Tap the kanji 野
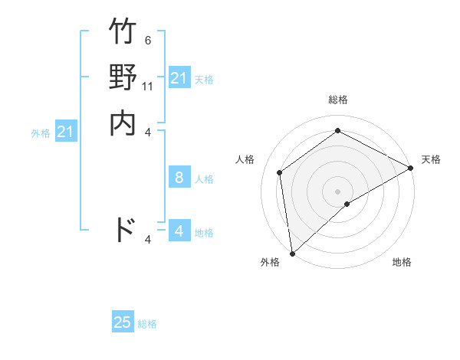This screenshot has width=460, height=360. (x=123, y=78)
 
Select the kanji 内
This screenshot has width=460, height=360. (x=123, y=123)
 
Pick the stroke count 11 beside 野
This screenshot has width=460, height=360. (x=148, y=87)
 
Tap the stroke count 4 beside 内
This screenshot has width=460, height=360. (x=147, y=132)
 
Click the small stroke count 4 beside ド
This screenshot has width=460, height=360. (x=147, y=240)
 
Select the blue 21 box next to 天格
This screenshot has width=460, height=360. (x=179, y=78)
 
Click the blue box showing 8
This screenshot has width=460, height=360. (x=179, y=178)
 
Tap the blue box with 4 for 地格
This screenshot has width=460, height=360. (x=179, y=231)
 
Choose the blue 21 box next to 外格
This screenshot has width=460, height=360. (x=66, y=133)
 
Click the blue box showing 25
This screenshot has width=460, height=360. (x=123, y=322)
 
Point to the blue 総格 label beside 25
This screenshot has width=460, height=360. (x=147, y=324)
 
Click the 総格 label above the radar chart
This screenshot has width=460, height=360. (x=337, y=100)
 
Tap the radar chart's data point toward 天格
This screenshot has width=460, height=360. (x=410, y=169)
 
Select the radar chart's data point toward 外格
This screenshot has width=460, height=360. (x=292, y=254)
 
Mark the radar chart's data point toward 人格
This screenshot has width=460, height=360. (x=280, y=172)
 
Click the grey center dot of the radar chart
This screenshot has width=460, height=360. (x=337, y=191)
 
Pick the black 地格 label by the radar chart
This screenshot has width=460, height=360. (x=402, y=263)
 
